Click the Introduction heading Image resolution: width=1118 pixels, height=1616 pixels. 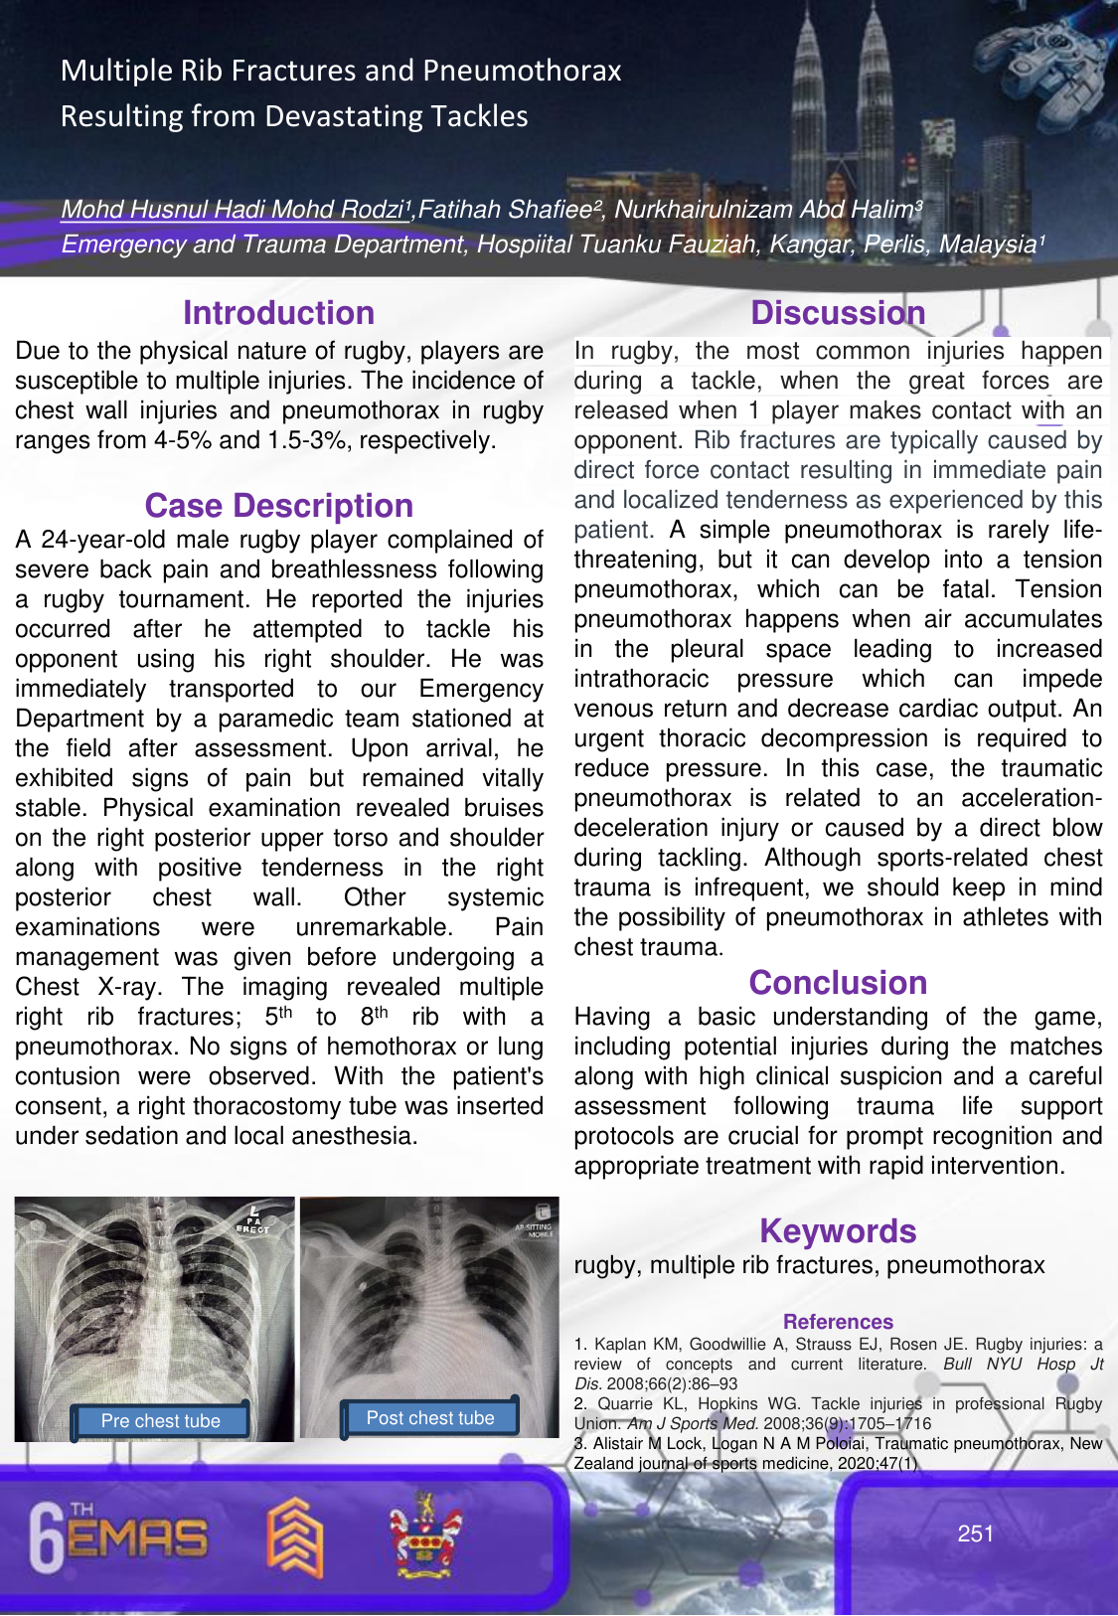278,313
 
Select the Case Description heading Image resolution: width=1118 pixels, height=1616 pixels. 278,506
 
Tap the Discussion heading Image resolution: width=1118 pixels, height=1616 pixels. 838,313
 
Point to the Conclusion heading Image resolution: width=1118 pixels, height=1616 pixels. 838,983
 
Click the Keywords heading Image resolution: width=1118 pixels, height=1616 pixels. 838,1231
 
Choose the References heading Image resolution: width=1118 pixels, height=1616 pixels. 838,1322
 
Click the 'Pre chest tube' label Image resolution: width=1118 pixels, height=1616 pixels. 161,1421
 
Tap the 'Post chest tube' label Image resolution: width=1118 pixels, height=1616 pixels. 429,1418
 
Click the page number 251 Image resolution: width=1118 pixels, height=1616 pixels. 975,1534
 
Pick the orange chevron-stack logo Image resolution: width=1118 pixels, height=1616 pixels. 295,1537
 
